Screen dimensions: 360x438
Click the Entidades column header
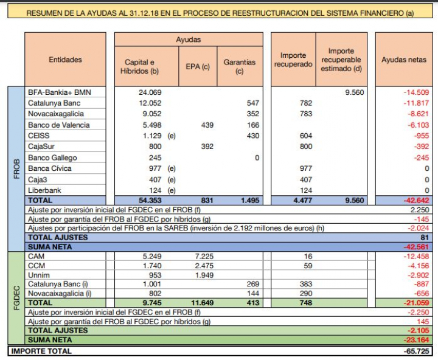65,60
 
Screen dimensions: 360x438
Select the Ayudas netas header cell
404,60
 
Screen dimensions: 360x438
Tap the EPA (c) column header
198,66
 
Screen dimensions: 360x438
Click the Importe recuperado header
293,60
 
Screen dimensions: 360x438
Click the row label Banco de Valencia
59,125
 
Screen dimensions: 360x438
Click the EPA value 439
207,125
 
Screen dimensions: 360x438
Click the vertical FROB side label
15,169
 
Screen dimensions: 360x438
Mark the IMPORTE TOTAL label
41,351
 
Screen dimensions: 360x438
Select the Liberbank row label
44,191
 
